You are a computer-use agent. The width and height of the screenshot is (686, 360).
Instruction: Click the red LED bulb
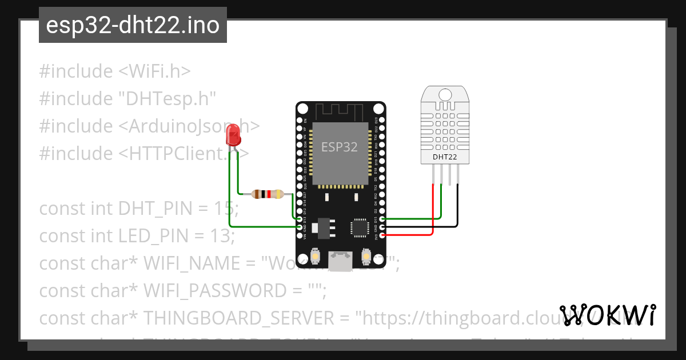tap(234, 135)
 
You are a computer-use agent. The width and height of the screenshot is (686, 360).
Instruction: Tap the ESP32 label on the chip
tap(339, 147)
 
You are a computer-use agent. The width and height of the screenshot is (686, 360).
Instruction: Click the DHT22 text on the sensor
tap(444, 156)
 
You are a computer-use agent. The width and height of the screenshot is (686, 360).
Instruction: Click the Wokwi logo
tap(607, 315)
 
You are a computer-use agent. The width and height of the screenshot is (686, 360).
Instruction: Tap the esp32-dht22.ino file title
tap(133, 25)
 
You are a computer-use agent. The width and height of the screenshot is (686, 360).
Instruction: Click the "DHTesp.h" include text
tap(167, 99)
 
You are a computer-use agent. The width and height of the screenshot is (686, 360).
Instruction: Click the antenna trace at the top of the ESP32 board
tap(340, 110)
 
